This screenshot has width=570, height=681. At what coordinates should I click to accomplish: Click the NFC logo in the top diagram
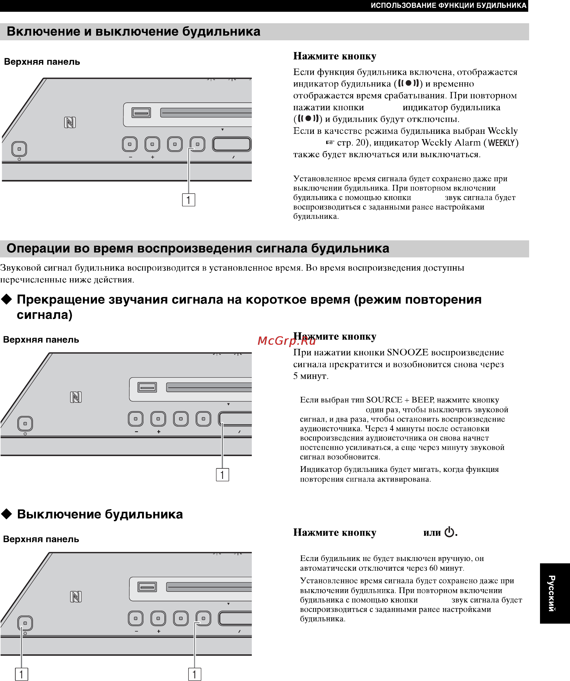click(x=70, y=123)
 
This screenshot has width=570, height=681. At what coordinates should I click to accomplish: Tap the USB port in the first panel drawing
click(x=141, y=113)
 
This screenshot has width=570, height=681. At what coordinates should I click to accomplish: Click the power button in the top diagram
click(x=19, y=149)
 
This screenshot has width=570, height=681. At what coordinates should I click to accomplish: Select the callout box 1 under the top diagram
click(x=188, y=200)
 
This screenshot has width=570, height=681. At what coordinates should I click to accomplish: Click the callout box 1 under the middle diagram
click(x=222, y=475)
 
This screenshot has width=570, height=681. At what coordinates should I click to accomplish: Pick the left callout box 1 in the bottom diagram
click(x=21, y=675)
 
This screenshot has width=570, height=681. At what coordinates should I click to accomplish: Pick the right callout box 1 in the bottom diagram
click(x=194, y=675)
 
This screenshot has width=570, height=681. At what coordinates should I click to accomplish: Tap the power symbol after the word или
click(x=449, y=532)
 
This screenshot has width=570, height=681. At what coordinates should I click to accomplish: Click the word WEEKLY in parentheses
click(x=501, y=143)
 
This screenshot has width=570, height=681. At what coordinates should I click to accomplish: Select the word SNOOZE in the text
click(x=408, y=352)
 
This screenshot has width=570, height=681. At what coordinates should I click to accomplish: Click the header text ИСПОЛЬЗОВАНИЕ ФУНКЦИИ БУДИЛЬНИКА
click(x=449, y=6)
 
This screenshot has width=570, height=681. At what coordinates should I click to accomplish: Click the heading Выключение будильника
click(x=100, y=514)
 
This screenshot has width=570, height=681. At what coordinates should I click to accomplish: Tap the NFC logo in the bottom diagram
click(x=76, y=597)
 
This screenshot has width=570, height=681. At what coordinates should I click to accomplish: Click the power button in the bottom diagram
click(x=25, y=623)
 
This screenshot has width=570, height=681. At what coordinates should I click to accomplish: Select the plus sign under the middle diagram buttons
click(x=159, y=432)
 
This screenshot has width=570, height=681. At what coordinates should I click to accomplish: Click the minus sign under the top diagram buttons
click(x=130, y=157)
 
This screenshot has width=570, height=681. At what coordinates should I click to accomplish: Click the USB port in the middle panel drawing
click(x=147, y=387)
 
